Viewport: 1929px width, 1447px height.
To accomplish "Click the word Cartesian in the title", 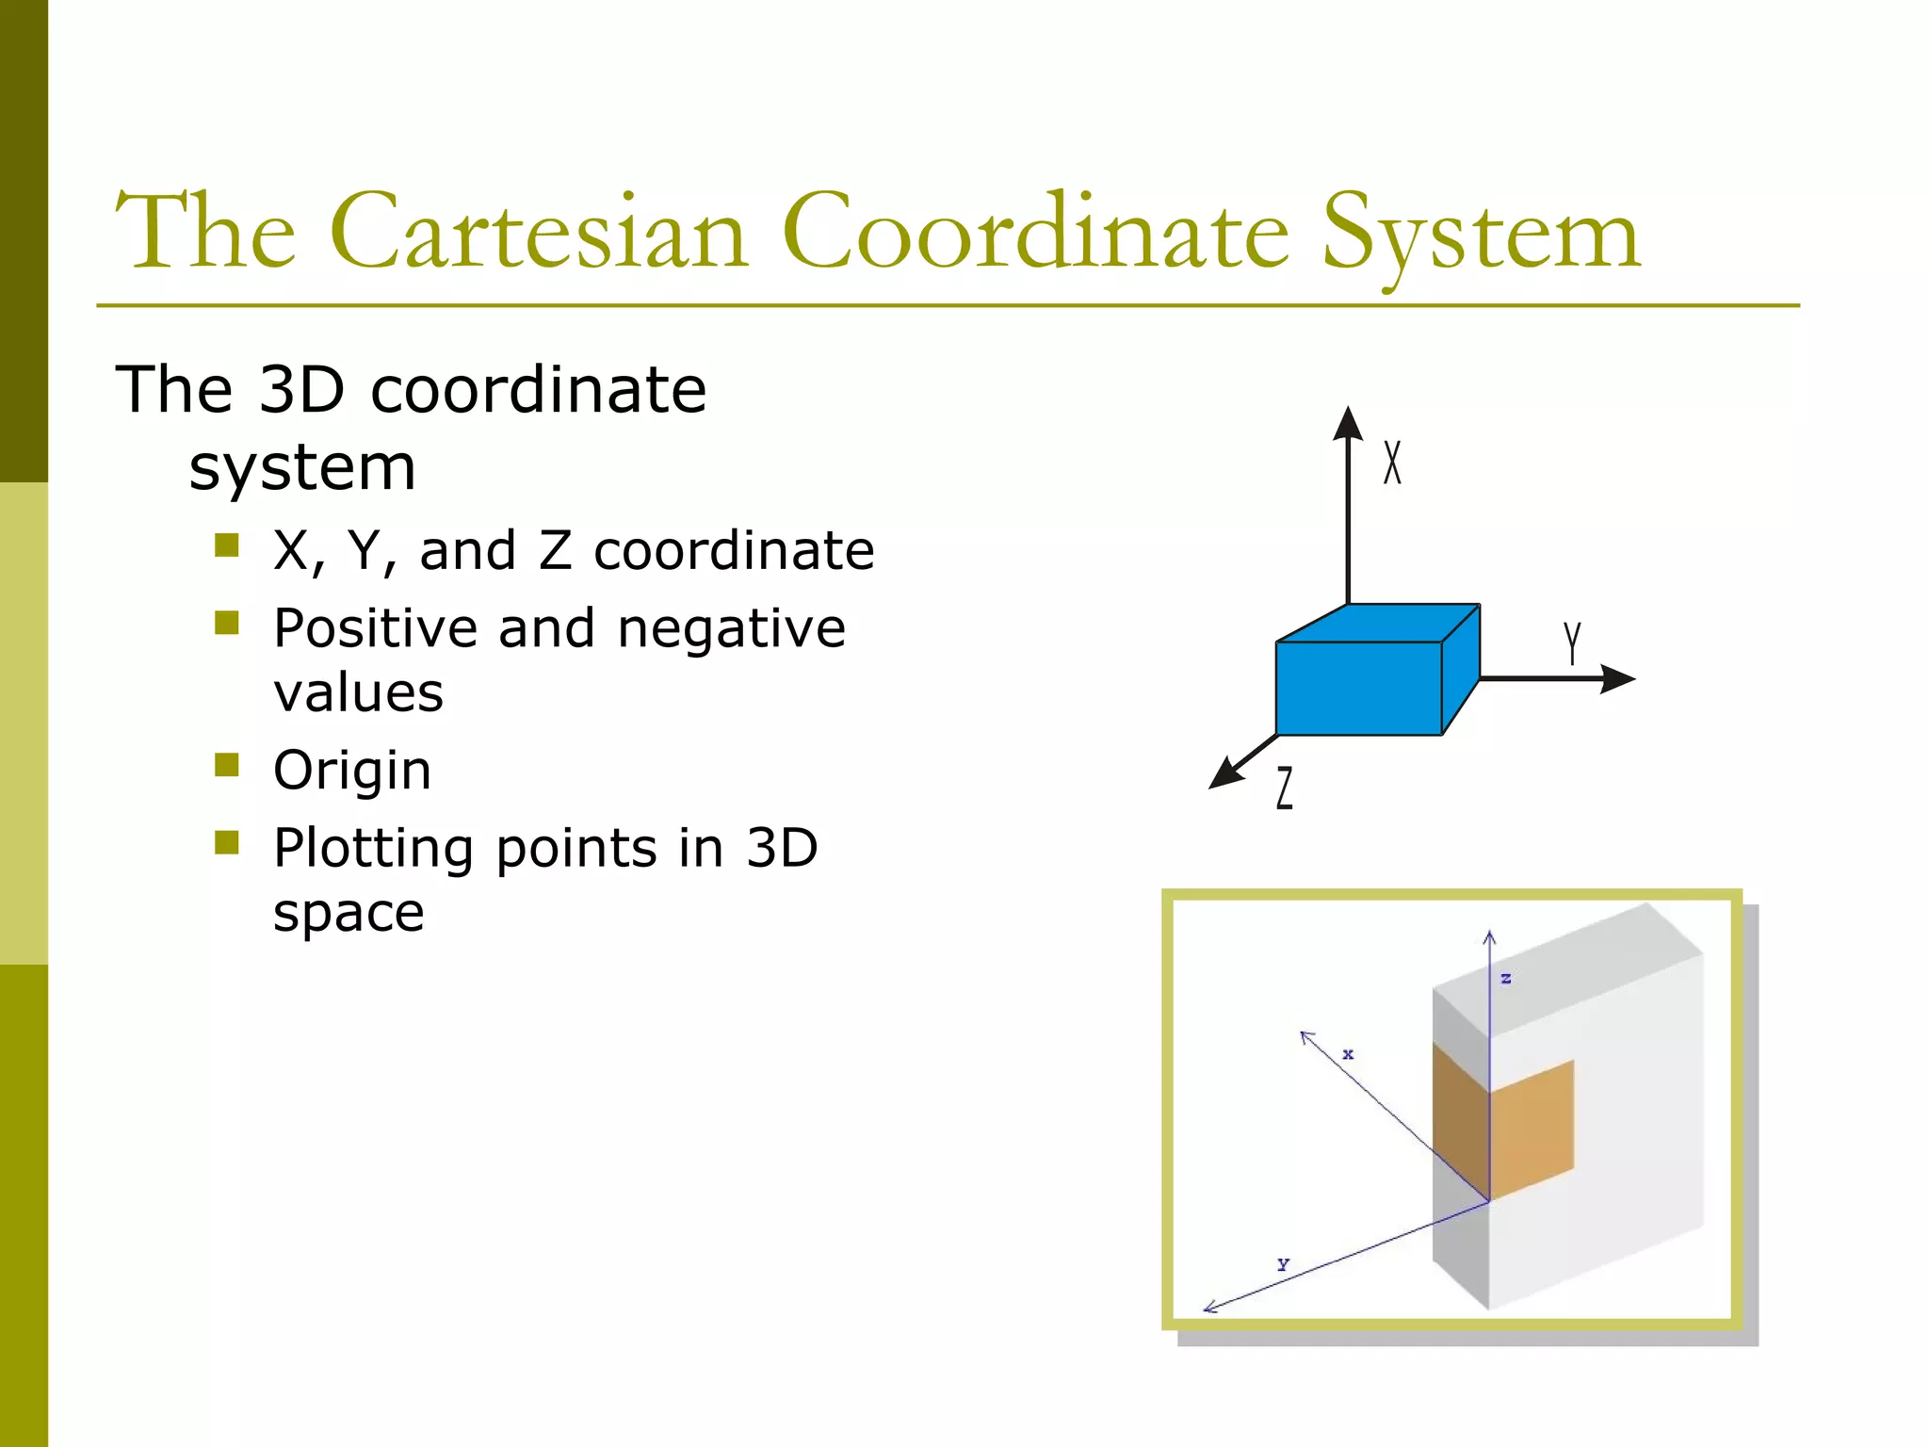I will tap(539, 232).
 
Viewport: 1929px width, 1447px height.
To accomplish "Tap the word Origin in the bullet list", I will tap(352, 771).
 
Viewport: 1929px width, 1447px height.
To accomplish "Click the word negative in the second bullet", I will tap(732, 628).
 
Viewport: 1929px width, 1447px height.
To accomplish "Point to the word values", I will tap(358, 692).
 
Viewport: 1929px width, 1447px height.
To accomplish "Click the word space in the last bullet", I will tap(349, 913).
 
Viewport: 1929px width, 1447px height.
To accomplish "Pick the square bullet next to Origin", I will tap(227, 764).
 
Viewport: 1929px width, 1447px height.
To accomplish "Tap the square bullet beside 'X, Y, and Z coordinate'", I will tap(227, 545).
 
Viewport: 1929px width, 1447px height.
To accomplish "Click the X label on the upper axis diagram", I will tap(1392, 463).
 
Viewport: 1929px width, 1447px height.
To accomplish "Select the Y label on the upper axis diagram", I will tap(1571, 642).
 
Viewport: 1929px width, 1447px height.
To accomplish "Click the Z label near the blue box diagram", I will tap(1285, 788).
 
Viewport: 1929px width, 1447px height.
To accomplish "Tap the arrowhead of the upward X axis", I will tap(1349, 424).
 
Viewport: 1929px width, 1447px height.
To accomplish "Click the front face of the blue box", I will tap(1358, 688).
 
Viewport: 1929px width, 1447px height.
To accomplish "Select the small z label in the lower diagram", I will tap(1506, 979).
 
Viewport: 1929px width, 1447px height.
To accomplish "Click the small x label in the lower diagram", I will tap(1348, 1054).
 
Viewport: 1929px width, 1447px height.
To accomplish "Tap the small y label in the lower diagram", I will tap(1283, 1264).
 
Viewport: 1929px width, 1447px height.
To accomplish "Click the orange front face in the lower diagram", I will tap(1532, 1130).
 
